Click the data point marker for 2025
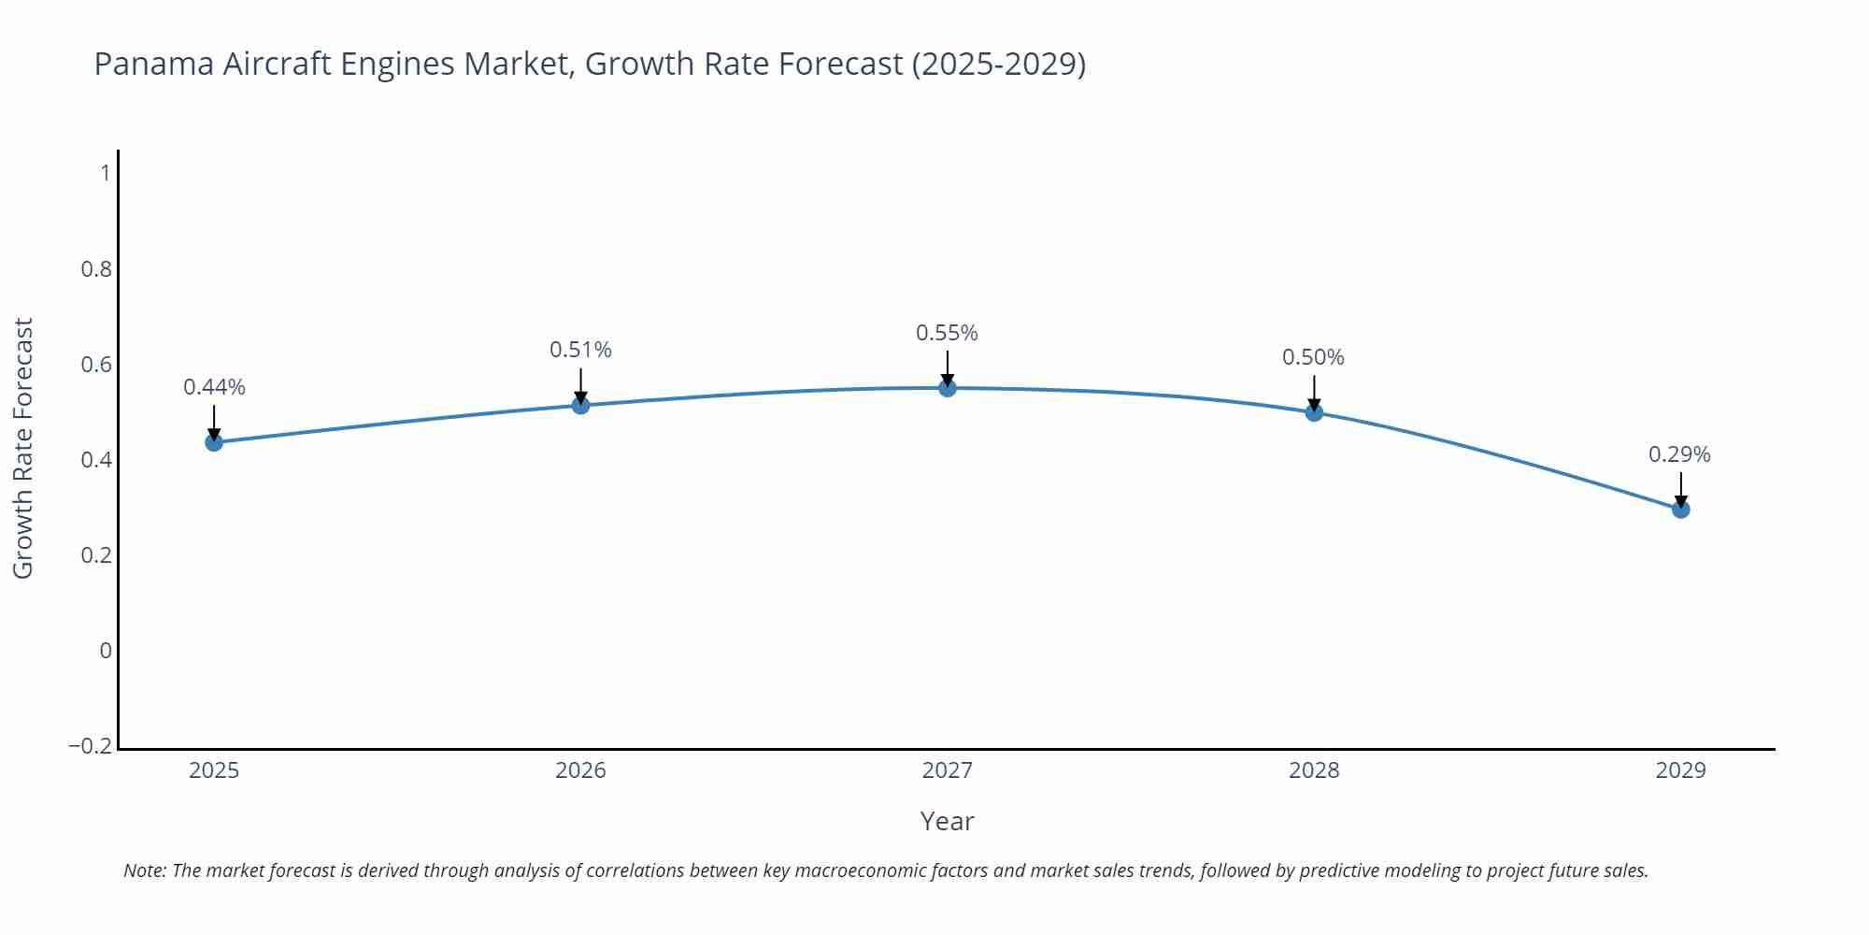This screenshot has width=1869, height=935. click(x=214, y=442)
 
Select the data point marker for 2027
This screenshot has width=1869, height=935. click(x=948, y=388)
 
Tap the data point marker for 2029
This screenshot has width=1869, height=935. click(x=1680, y=510)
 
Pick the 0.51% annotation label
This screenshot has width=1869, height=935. click(x=580, y=350)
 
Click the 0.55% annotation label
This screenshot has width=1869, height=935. click(x=947, y=333)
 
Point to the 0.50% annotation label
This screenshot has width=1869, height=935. click(x=1313, y=357)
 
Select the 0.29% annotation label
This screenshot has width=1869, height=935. click(x=1679, y=454)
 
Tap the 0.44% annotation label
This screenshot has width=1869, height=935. click(x=214, y=387)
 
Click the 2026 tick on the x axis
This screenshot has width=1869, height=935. click(x=580, y=770)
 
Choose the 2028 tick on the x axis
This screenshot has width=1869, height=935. click(x=1314, y=770)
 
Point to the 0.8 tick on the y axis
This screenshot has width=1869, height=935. click(x=96, y=269)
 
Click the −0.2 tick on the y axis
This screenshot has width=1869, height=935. click(x=91, y=746)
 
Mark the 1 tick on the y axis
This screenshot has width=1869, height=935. click(x=106, y=173)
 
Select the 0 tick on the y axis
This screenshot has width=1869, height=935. click(x=106, y=651)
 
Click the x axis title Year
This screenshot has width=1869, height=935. click(x=947, y=821)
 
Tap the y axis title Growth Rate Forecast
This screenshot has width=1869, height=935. click(x=23, y=448)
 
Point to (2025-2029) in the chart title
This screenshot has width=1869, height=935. click(x=998, y=64)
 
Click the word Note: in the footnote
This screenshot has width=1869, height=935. click(x=145, y=870)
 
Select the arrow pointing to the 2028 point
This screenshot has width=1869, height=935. click(x=1314, y=393)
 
